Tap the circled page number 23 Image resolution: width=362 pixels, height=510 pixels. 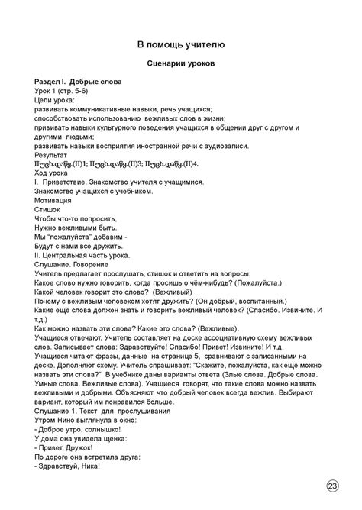click(333, 486)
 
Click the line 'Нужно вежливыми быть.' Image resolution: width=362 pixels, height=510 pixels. click(76, 228)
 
